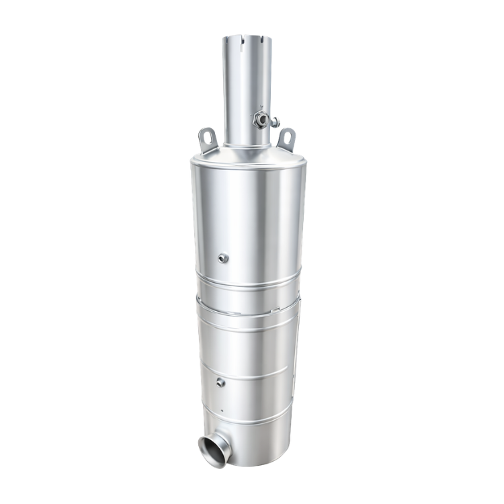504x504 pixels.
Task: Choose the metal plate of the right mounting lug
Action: (287, 142)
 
